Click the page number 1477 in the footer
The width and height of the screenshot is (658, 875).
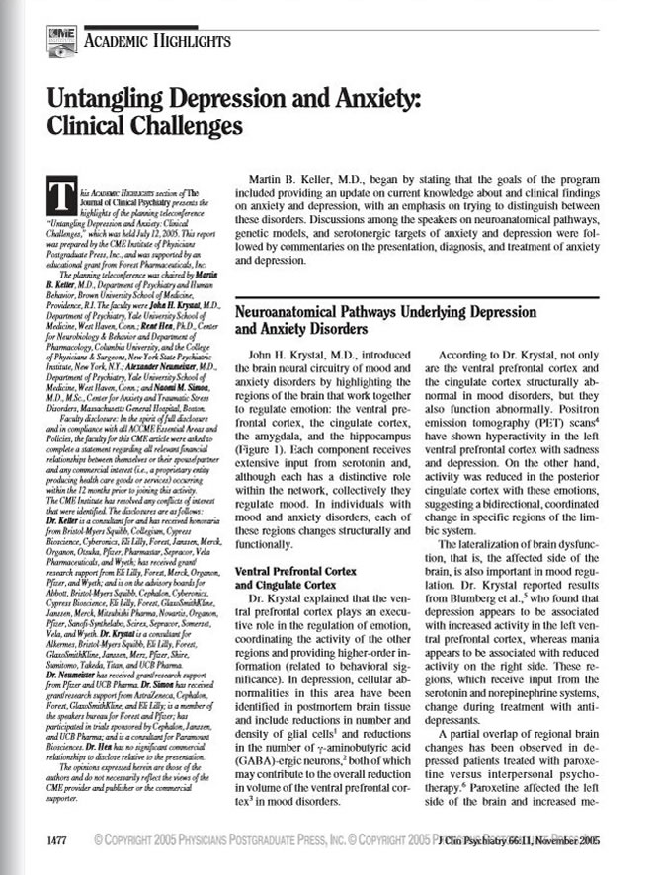click(57, 841)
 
